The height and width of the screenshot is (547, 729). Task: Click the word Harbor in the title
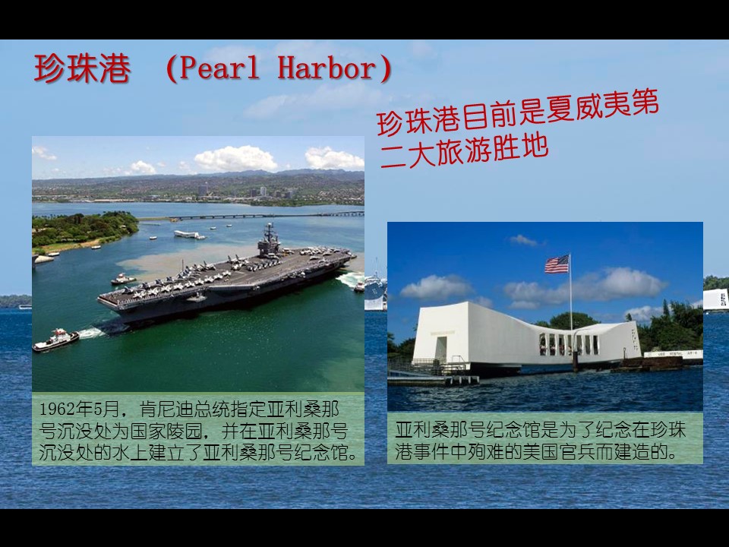point(327,68)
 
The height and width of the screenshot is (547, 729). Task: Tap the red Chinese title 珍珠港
point(82,69)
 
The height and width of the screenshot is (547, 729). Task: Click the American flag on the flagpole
point(557,264)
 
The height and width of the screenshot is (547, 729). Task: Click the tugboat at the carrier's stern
point(55,340)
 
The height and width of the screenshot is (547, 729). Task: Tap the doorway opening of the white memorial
point(440,347)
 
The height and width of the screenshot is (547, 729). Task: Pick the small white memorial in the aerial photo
point(188,234)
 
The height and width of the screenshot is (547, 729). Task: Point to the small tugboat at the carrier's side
point(123,279)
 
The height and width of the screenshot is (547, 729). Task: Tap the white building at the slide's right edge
point(715,299)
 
